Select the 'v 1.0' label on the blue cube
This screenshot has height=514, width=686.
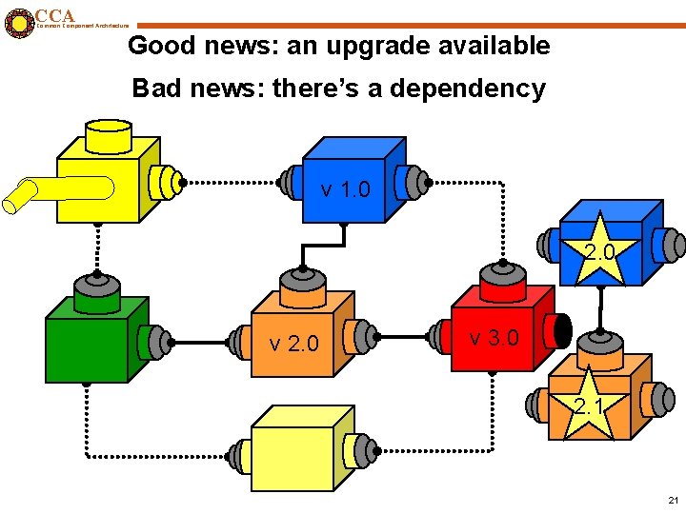point(346,189)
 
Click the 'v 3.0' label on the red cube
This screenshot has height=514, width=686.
point(494,338)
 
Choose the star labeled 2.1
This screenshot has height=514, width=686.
point(588,407)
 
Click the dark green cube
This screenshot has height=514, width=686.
point(87,347)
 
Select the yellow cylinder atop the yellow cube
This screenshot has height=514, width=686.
point(108,137)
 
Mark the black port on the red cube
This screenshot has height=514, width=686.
point(561,331)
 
